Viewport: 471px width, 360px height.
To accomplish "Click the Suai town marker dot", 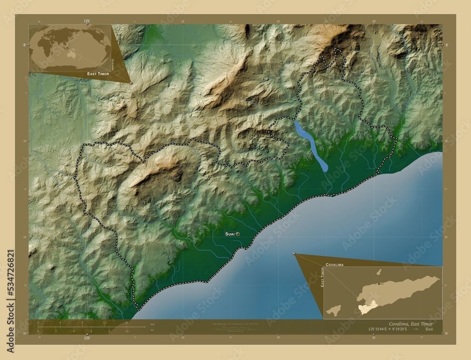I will click(x=238, y=233).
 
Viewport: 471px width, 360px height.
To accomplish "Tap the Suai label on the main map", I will click(x=229, y=233).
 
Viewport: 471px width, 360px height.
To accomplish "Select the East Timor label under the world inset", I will click(x=97, y=74).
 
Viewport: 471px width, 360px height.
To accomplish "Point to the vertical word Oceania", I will click(x=112, y=63).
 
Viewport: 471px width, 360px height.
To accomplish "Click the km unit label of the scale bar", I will click(x=152, y=324).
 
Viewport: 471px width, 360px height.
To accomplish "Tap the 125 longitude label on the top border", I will click(x=87, y=22).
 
